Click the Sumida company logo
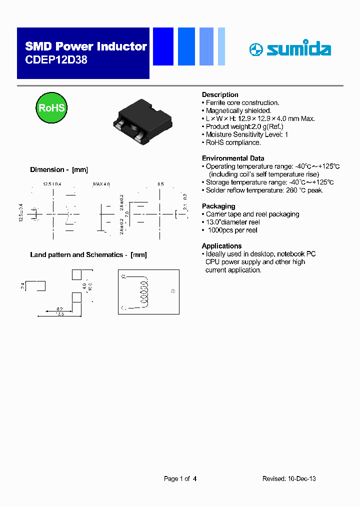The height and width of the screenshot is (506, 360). [290, 49]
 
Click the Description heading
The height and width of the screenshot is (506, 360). [220, 95]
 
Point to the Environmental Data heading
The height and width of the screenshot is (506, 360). [232, 158]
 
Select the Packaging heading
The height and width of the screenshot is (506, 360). [218, 206]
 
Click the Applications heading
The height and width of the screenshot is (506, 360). [221, 246]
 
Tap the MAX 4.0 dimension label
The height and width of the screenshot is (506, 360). [101, 184]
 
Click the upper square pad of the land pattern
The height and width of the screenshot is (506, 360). [76, 274]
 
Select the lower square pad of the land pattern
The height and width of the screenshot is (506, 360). [76, 297]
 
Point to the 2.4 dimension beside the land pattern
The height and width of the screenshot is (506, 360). [22, 286]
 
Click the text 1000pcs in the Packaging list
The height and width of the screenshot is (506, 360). [220, 230]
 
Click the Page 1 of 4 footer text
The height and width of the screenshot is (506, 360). [180, 478]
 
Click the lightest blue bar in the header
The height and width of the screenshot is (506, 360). [221, 46]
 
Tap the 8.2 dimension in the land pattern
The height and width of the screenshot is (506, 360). [59, 309]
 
